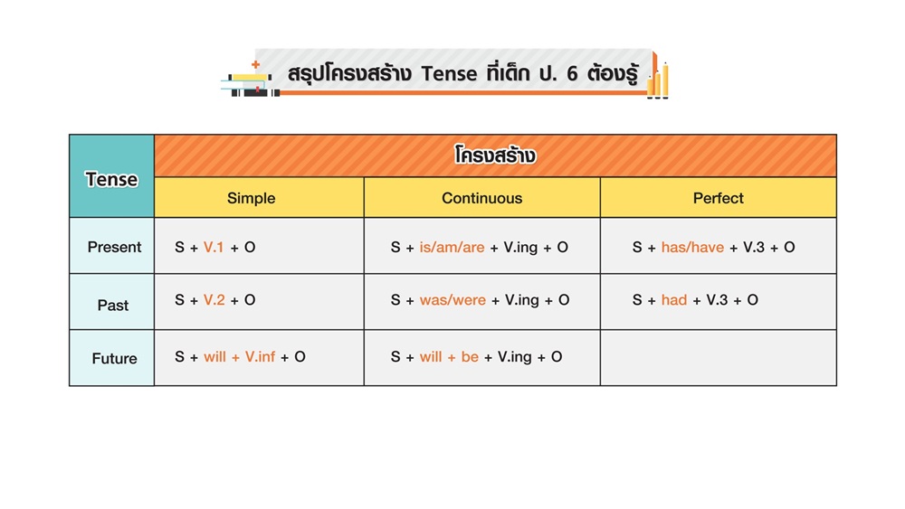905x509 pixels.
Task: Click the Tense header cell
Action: (111, 175)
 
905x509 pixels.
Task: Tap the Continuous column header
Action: (482, 197)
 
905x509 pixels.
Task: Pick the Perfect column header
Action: (718, 197)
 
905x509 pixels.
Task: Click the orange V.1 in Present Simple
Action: (214, 248)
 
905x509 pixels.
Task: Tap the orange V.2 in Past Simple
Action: (214, 300)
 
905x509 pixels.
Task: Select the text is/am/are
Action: (452, 248)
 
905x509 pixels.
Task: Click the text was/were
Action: (452, 300)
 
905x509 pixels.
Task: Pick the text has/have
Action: (692, 248)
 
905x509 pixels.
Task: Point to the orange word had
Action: (674, 300)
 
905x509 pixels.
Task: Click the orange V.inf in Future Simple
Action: (261, 357)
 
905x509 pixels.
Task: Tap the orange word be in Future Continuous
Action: (470, 357)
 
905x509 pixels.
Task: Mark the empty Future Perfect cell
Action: (718, 358)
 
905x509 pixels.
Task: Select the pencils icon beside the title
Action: (658, 77)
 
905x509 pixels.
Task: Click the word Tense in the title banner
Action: (449, 74)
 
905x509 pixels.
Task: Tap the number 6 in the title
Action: (572, 74)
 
